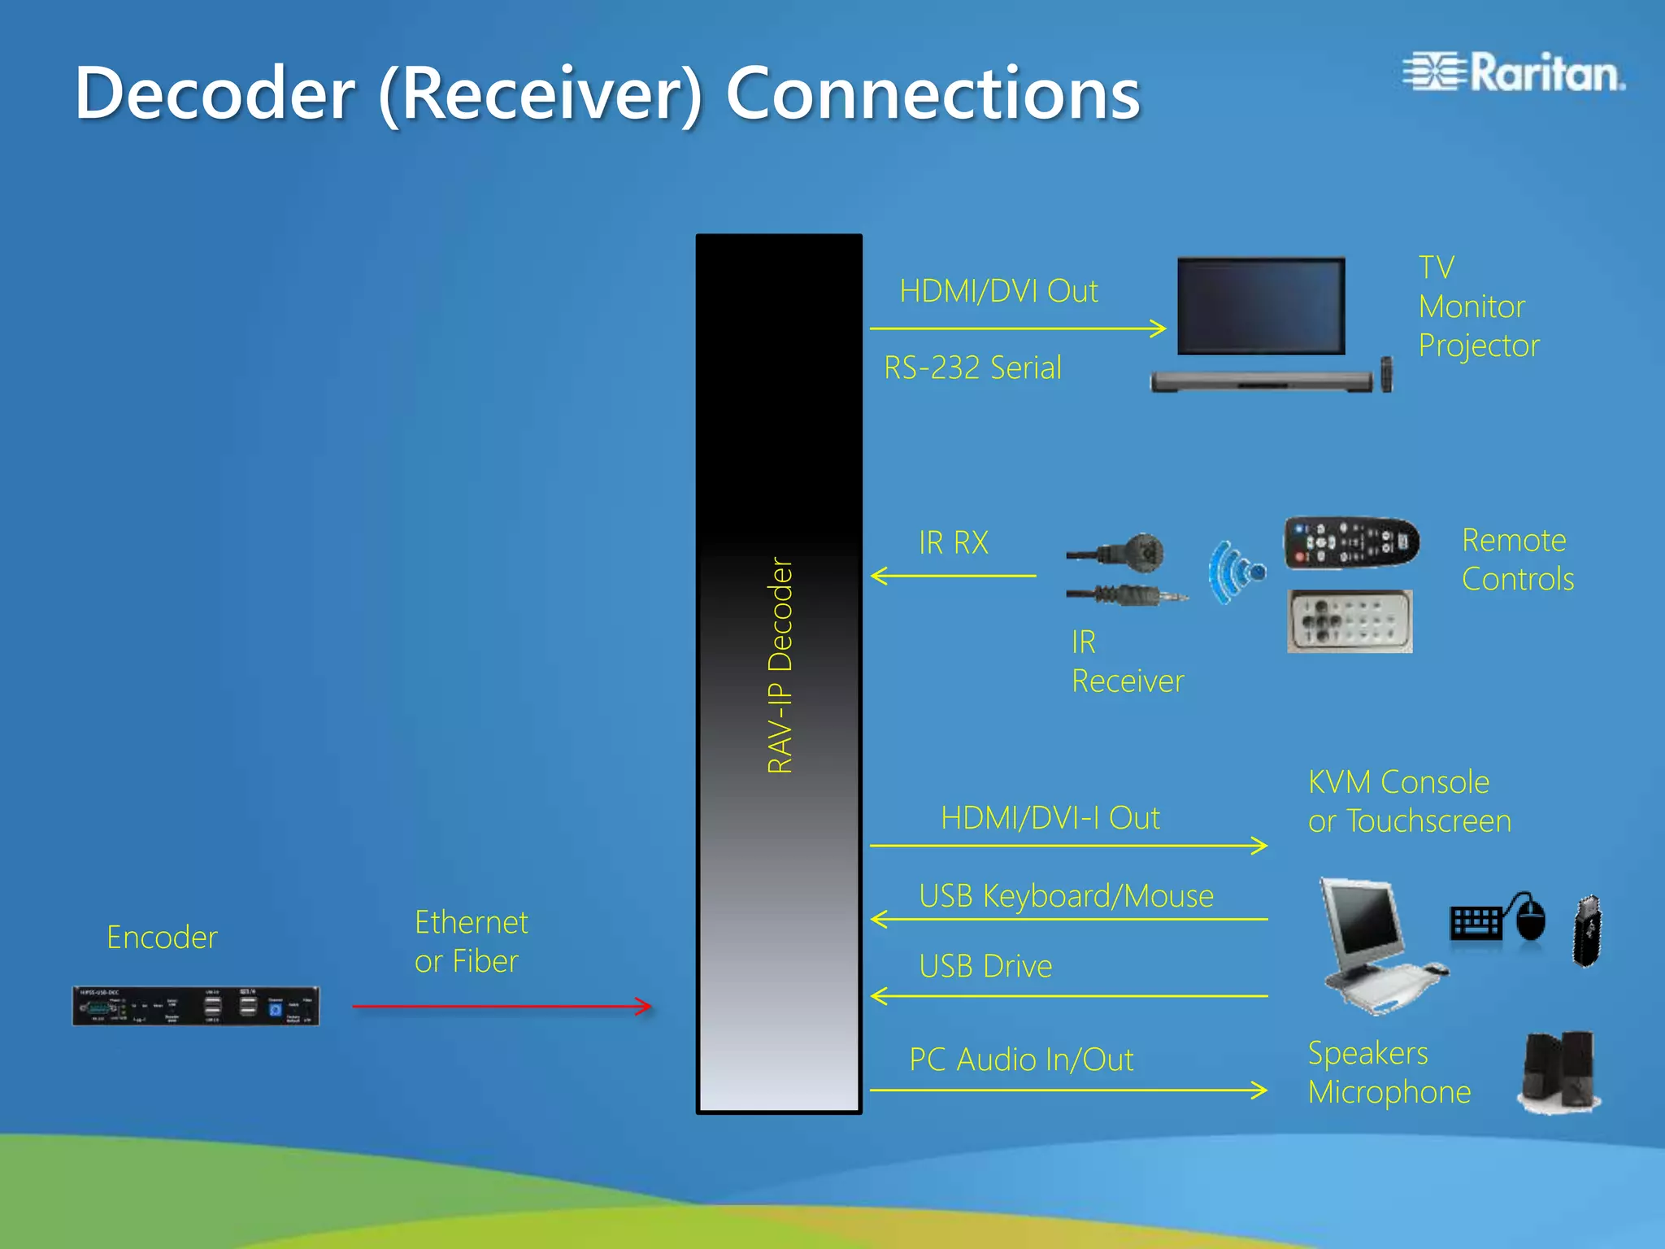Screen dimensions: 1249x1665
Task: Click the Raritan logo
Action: pos(1514,73)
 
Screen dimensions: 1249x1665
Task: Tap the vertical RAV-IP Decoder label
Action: pos(780,665)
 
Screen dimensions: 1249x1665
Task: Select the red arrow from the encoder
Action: pos(502,1007)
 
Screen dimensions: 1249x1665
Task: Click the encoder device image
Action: pos(196,1006)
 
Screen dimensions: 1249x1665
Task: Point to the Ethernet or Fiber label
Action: pos(471,942)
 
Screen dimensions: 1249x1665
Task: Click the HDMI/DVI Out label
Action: pos(998,291)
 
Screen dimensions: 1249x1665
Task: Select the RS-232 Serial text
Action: pos(972,368)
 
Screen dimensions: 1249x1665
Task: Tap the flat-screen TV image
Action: pos(1261,307)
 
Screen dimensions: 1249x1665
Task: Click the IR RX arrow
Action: pos(953,576)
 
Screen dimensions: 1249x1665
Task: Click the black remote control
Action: pos(1351,542)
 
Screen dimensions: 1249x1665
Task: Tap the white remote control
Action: pos(1350,621)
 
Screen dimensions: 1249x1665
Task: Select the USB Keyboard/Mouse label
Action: pos(1066,896)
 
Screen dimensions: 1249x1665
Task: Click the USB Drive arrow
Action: pos(1068,995)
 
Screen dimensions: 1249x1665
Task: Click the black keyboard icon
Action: pos(1476,923)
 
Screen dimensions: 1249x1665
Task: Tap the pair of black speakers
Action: pos(1559,1071)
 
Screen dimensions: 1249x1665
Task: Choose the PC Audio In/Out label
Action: pos(1021,1060)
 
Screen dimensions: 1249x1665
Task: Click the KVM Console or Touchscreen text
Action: pos(1409,802)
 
